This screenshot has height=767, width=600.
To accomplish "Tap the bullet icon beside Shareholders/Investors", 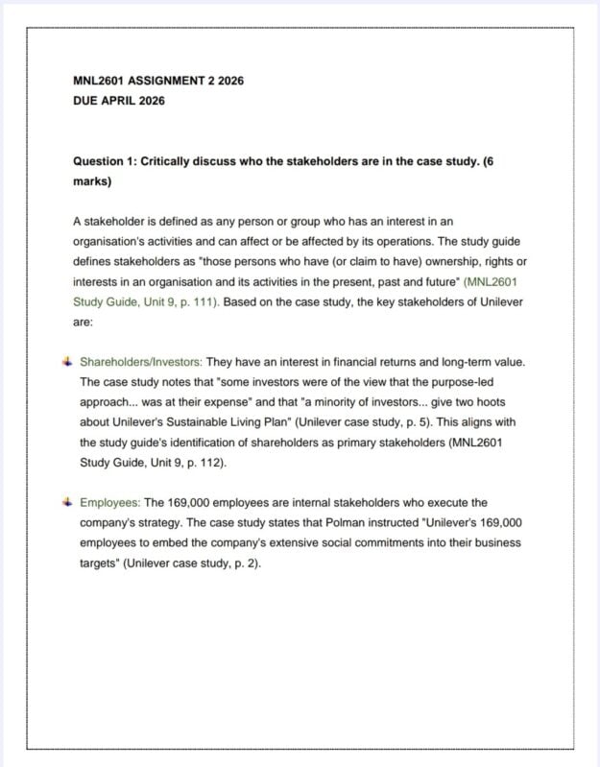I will point(66,362).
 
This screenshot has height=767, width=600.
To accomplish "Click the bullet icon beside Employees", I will point(66,502).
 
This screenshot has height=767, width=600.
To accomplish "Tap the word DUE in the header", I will point(86,101).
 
